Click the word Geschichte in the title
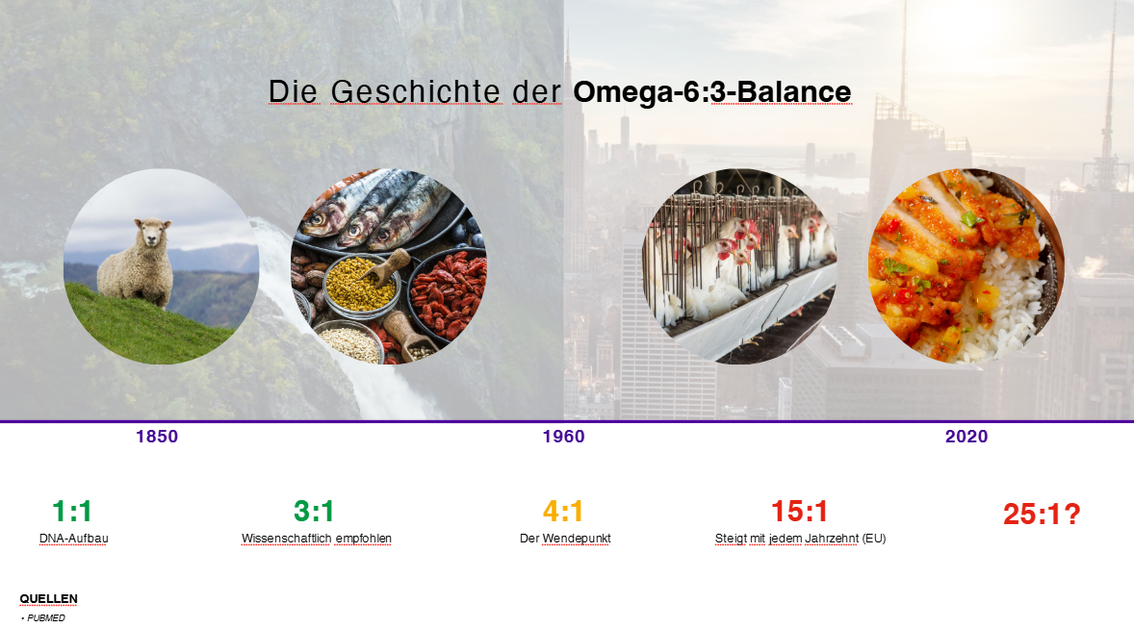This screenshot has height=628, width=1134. [415, 92]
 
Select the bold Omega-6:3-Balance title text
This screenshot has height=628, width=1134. [712, 92]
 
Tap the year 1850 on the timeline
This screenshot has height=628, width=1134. [157, 437]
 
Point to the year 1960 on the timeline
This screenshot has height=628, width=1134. [563, 437]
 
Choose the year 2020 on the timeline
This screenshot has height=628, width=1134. [966, 437]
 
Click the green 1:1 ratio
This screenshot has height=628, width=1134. [71, 512]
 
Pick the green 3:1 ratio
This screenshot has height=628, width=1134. [313, 512]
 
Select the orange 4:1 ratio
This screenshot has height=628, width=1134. [562, 512]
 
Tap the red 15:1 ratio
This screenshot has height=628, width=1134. [799, 512]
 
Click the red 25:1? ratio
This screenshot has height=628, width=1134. [1042, 515]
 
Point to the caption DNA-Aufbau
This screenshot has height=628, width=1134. [74, 539]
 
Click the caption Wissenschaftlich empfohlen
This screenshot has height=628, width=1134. [316, 540]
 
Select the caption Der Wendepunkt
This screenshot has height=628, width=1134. [565, 540]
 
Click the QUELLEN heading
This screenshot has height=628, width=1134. [48, 599]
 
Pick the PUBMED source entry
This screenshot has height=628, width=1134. [45, 617]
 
